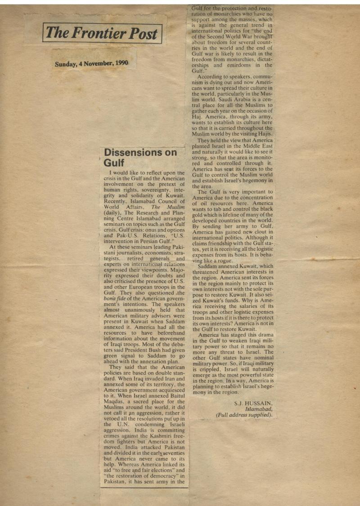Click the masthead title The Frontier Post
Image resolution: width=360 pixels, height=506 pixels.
point(102,33)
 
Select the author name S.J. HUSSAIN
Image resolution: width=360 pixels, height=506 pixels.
point(253,403)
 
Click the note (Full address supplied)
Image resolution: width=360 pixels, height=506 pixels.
point(244,415)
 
